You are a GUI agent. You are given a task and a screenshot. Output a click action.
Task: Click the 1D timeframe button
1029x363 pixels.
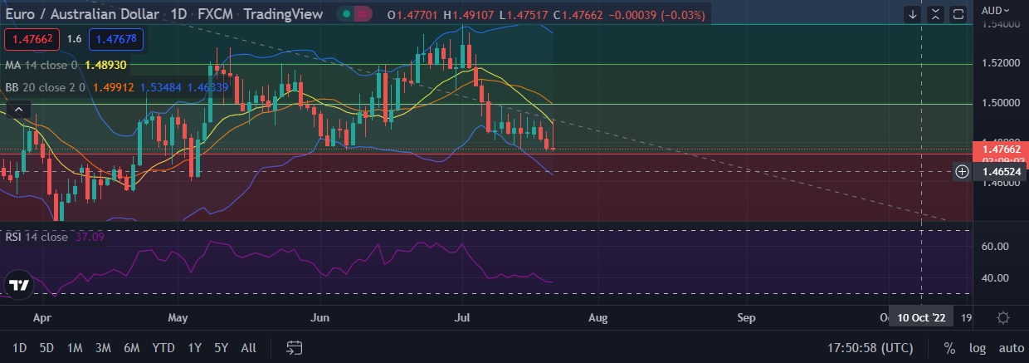[x=19, y=348]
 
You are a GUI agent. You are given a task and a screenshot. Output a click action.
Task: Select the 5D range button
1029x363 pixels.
[x=47, y=348]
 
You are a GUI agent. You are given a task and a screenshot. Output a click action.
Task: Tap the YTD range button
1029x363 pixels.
[x=163, y=348]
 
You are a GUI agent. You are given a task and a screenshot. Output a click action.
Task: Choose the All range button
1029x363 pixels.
[x=248, y=348]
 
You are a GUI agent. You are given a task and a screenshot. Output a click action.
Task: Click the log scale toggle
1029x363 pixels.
[x=977, y=348]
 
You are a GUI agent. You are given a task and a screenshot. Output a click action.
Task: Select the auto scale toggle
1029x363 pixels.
[x=1011, y=348]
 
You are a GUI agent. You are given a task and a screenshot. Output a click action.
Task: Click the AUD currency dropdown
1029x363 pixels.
[x=996, y=11]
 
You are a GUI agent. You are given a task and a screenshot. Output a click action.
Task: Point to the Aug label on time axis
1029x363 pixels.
[x=597, y=317]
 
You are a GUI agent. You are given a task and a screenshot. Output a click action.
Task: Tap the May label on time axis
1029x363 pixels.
[x=178, y=317]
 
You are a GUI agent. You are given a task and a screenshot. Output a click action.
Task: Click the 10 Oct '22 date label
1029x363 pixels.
[x=921, y=317]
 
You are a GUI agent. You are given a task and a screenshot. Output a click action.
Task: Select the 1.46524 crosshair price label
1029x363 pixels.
[x=1000, y=172]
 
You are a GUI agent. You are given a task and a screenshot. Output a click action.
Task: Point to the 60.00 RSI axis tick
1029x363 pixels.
[x=994, y=247]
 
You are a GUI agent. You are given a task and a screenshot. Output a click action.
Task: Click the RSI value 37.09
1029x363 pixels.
[x=90, y=237]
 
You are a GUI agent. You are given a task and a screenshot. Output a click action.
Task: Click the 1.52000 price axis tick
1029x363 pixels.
[x=999, y=63]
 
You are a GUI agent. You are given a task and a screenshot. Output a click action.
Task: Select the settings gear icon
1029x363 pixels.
[x=1003, y=317]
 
